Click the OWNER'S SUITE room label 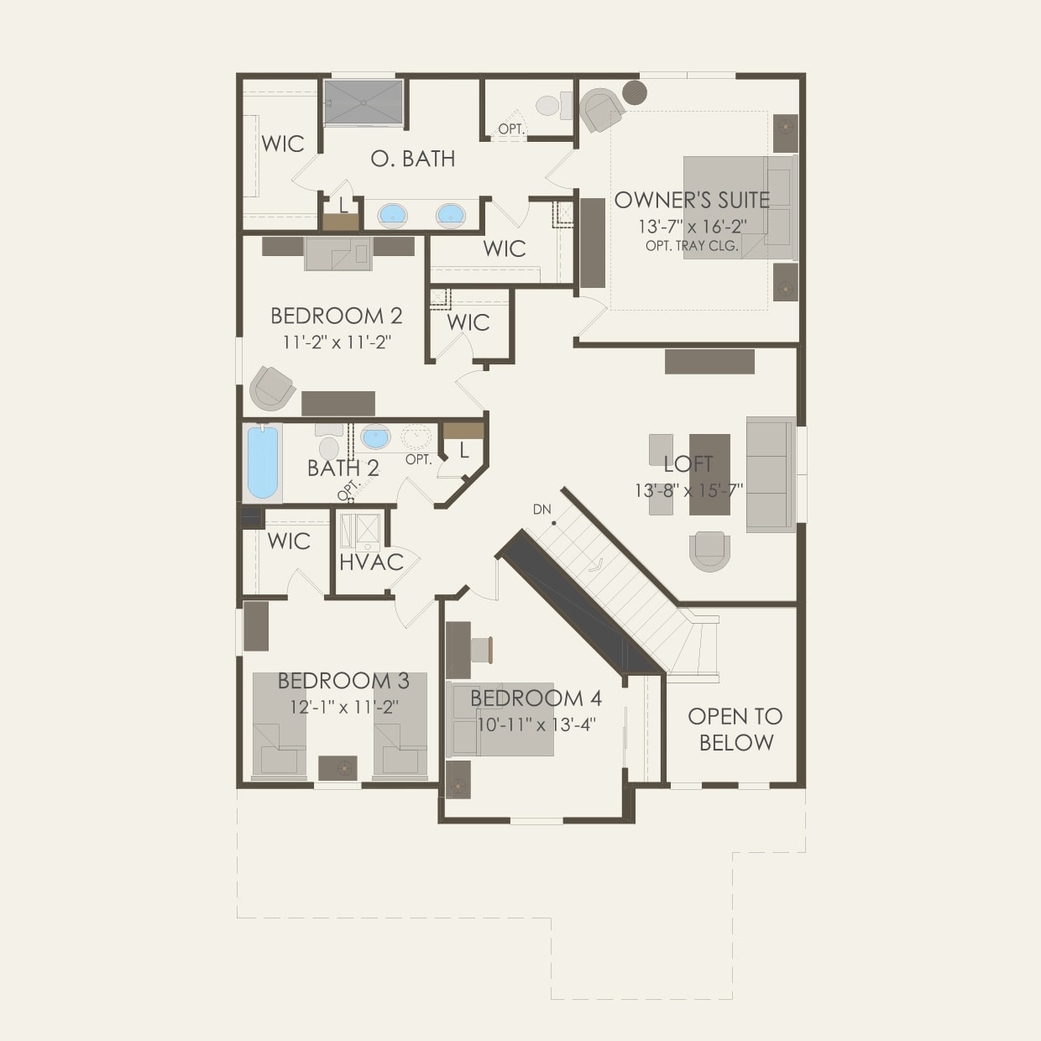(x=692, y=200)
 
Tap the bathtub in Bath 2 (x=262, y=463)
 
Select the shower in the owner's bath (x=363, y=102)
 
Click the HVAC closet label (x=371, y=562)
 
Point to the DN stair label (x=541, y=510)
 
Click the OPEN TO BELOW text (x=735, y=729)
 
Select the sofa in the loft (x=771, y=474)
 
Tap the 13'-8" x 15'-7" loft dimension (x=688, y=490)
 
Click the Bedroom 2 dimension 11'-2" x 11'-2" (x=337, y=342)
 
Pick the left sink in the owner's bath (x=393, y=215)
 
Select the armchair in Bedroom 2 (x=273, y=387)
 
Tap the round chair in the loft (x=709, y=551)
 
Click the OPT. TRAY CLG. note (x=692, y=246)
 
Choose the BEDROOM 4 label (x=536, y=698)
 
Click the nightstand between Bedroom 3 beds (x=337, y=767)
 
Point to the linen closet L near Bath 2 (x=463, y=450)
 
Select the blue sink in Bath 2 (x=375, y=437)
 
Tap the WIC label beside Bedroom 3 (x=288, y=541)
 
